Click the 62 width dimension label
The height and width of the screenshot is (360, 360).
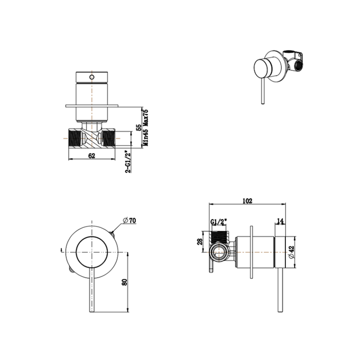pyautogui.click(x=92, y=155)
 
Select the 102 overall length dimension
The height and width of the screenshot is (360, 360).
pyautogui.click(x=247, y=201)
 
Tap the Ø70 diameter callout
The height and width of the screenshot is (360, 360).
pyautogui.click(x=130, y=221)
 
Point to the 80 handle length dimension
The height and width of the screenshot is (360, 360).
pyautogui.click(x=124, y=282)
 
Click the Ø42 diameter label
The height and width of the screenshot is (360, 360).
pyautogui.click(x=291, y=252)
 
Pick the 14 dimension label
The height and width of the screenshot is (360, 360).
pyautogui.click(x=280, y=221)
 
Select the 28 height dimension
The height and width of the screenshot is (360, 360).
pyautogui.click(x=200, y=242)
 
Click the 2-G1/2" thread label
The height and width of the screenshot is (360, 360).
pyautogui.click(x=129, y=161)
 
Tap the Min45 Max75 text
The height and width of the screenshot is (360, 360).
pyautogui.click(x=146, y=128)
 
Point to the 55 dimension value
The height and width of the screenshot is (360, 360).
pyautogui.click(x=138, y=128)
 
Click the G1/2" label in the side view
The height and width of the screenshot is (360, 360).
pyautogui.click(x=219, y=222)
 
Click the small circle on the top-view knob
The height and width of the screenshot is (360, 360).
pyautogui.click(x=92, y=77)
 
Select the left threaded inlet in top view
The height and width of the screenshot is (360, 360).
pyautogui.click(x=74, y=138)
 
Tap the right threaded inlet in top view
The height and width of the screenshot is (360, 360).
pyautogui.click(x=109, y=138)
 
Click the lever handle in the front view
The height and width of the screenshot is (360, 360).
pyautogui.click(x=92, y=290)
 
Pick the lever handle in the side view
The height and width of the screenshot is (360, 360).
pyautogui.click(x=280, y=290)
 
